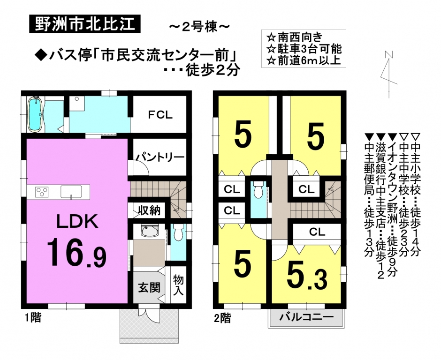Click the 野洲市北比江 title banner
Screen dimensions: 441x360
[84, 25]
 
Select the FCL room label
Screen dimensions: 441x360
[160, 115]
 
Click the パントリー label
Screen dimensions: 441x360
[159, 157]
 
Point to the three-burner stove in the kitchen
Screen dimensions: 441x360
[42, 192]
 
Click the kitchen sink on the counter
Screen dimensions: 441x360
[72, 192]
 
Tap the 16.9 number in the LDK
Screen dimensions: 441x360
[76, 252]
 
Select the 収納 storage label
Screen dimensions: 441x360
[149, 210]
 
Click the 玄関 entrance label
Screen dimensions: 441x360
[149, 287]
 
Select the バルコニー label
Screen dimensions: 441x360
[306, 317]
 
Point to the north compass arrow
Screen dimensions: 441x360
[388, 75]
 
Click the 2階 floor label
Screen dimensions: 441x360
[222, 318]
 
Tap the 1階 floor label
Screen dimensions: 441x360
[33, 318]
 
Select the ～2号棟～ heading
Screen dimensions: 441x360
[199, 27]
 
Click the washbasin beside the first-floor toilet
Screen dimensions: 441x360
[149, 231]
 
